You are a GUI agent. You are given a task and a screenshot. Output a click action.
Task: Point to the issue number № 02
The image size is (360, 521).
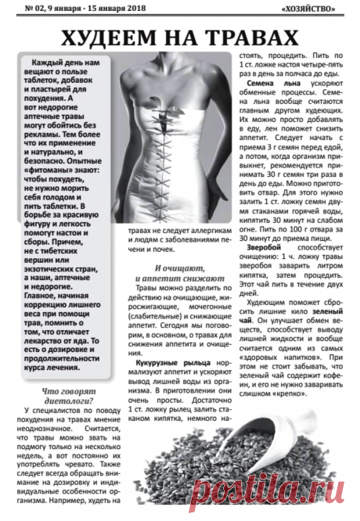17,9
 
